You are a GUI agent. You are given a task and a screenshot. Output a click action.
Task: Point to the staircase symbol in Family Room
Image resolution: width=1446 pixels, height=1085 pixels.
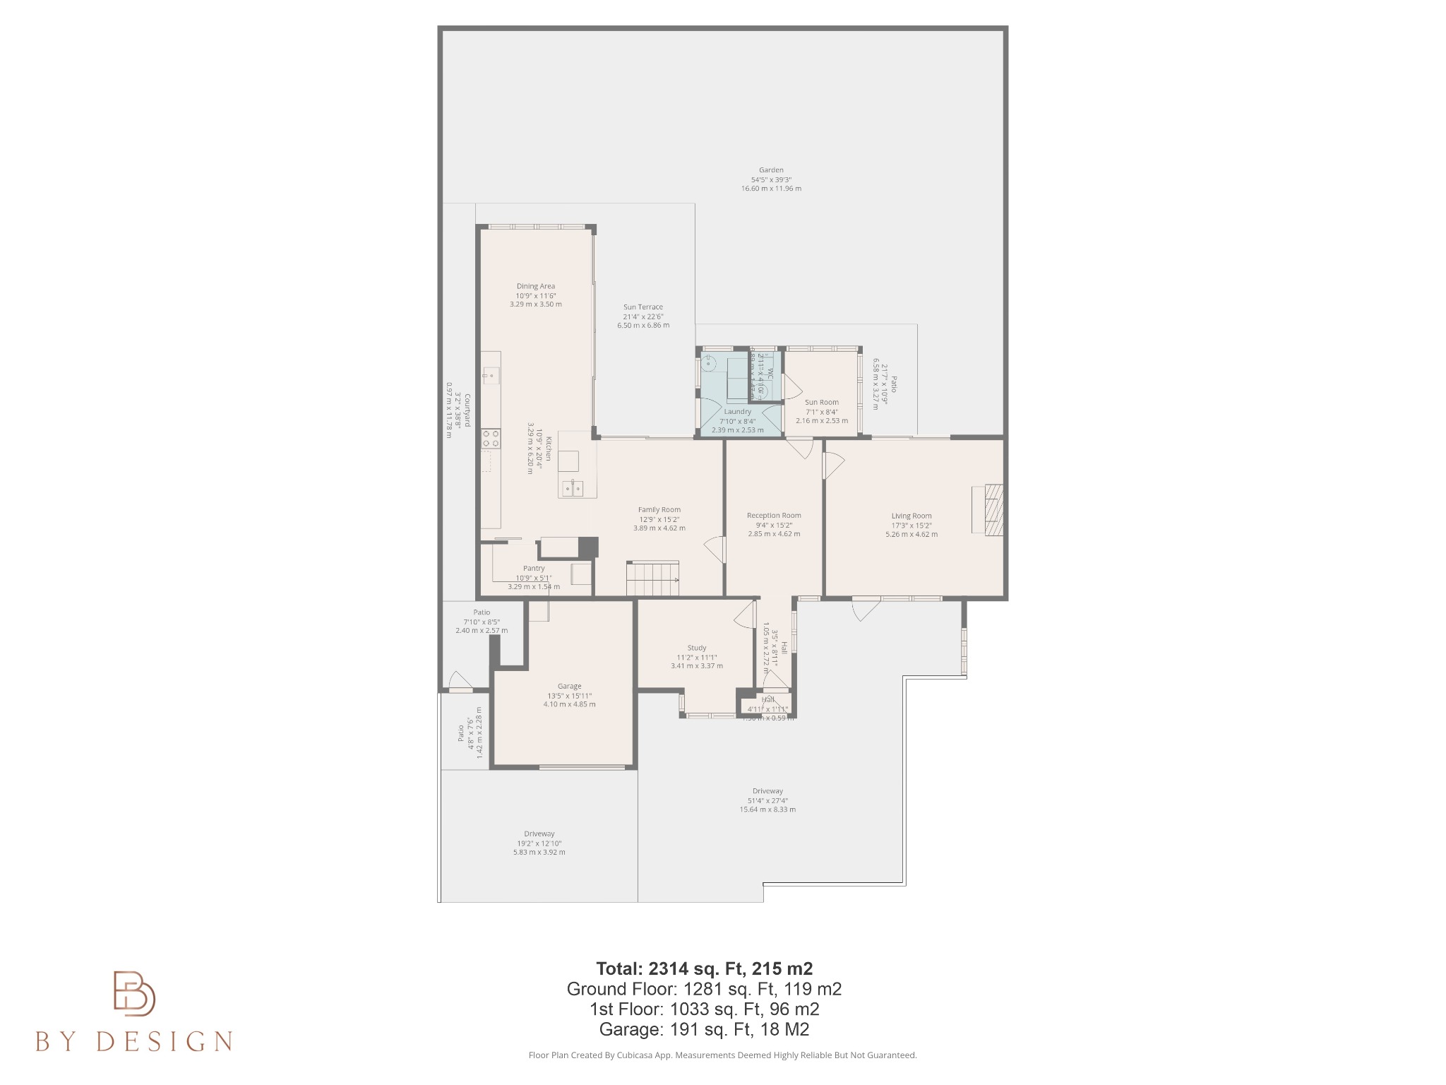pos(652,579)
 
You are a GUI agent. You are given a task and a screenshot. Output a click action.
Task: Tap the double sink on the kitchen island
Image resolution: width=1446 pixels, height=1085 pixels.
pos(573,487)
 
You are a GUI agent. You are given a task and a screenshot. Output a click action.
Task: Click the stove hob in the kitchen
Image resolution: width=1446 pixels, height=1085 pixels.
pos(491,439)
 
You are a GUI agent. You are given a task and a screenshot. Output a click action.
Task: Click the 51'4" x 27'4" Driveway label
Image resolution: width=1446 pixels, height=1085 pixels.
pos(767,800)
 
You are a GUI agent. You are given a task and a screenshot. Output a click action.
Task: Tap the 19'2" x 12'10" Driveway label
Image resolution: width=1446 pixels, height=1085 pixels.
pos(539,843)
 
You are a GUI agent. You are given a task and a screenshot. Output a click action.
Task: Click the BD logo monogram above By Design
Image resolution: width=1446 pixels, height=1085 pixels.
pos(134,993)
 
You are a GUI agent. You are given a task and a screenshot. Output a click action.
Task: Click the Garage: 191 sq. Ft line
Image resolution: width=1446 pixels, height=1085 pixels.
pos(704,1029)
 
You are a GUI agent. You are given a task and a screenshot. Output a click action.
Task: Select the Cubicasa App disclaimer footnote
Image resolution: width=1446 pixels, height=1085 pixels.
pos(722,1055)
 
